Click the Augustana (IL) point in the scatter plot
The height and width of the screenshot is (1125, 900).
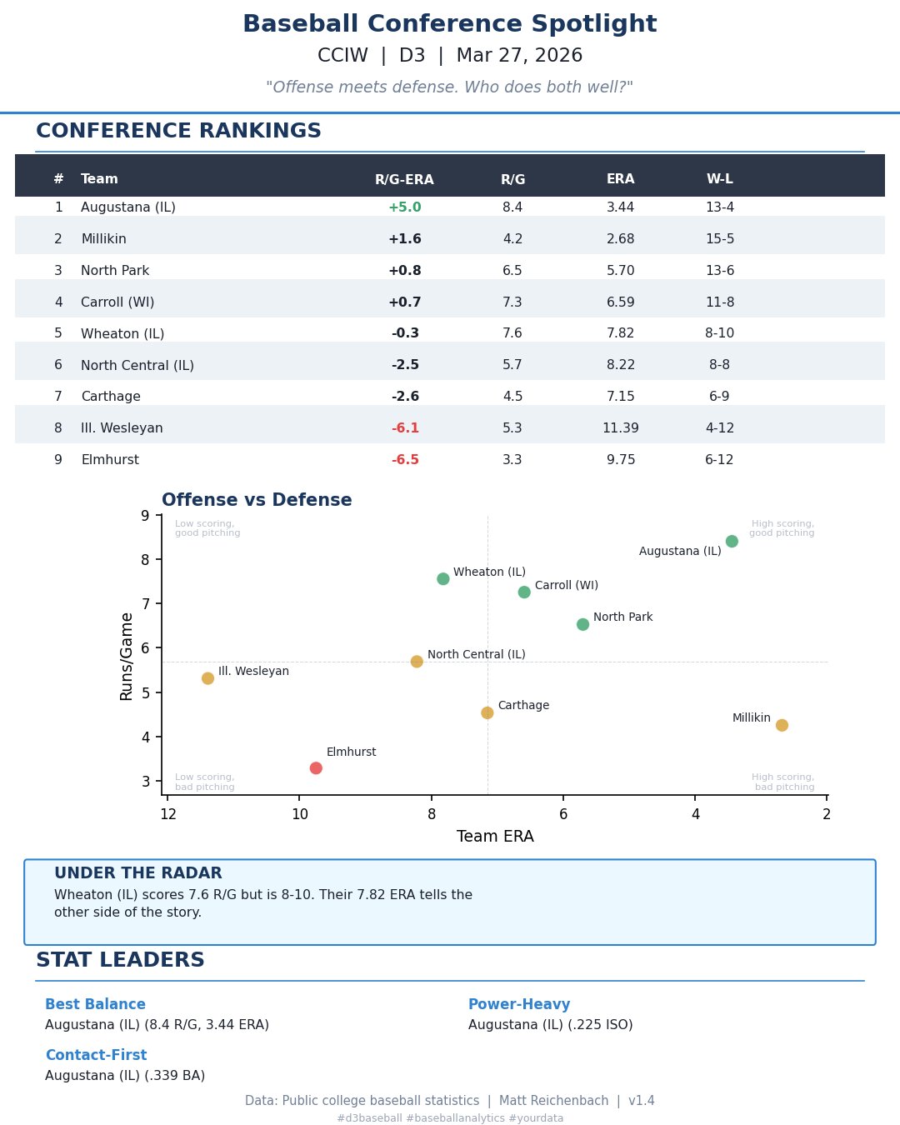732,542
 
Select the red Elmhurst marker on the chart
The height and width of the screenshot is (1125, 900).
316,768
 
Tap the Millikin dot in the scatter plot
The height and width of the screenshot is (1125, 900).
782,725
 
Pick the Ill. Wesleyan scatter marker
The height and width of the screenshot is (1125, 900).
207,678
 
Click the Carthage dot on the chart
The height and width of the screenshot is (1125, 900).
487,712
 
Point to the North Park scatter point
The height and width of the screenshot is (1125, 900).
582,624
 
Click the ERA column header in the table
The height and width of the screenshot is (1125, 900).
621,179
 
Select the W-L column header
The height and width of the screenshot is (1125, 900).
720,179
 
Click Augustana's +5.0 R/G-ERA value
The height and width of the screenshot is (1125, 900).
405,207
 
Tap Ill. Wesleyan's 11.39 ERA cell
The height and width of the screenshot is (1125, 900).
621,428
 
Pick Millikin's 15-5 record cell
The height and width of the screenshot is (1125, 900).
720,239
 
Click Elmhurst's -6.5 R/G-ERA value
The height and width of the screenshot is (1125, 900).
405,460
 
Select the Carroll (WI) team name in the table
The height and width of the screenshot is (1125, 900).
117,302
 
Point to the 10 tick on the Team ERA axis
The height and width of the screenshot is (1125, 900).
300,814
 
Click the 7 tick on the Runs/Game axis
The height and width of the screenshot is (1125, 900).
146,603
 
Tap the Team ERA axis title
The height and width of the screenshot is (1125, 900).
495,837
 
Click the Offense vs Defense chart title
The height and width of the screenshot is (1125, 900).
257,501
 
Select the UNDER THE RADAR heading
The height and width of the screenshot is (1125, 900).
138,873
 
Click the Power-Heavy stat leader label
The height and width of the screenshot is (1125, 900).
519,1005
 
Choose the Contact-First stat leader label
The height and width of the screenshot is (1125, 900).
96,1056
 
